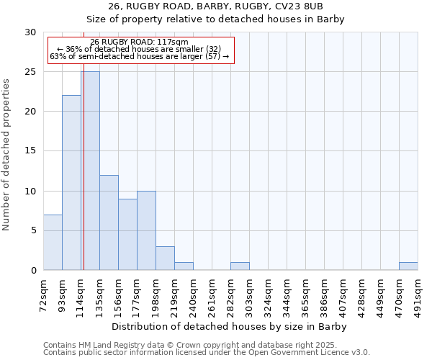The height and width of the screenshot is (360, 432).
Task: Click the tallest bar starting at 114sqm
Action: tap(91, 171)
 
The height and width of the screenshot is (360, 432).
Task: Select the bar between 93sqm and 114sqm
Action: tap(71, 182)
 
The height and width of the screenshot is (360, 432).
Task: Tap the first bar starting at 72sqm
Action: tap(53, 242)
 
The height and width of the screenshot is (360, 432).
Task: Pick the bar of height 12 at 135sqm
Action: tap(109, 222)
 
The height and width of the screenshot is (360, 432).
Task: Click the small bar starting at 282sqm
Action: tap(240, 266)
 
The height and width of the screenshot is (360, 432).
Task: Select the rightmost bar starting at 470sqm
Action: tap(408, 266)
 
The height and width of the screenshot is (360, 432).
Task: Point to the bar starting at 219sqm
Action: tap(184, 266)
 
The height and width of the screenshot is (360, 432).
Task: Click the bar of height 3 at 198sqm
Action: tap(165, 258)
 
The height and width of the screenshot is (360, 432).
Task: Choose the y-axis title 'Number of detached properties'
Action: tap(6, 155)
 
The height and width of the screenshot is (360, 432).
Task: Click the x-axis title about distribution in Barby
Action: tap(230, 327)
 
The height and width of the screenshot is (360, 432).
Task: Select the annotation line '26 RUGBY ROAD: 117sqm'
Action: tap(139, 42)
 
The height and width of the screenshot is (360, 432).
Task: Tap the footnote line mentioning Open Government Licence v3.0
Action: tap(207, 353)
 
